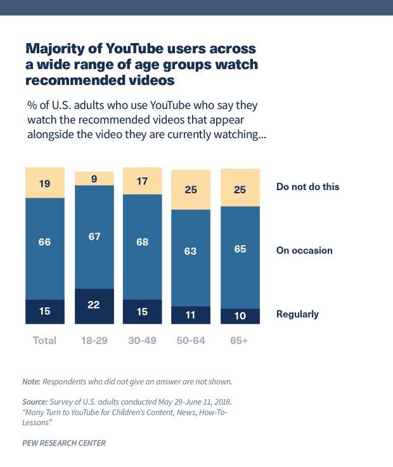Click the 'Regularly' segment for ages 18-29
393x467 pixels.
94,306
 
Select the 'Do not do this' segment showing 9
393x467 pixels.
94,178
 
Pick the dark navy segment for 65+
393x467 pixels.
241,316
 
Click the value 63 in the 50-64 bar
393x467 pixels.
191,251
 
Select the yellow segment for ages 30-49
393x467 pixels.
143,181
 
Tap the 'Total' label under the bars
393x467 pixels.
44,340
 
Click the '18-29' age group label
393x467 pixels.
94,340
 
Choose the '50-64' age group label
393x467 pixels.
191,340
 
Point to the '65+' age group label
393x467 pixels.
241,340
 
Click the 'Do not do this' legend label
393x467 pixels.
307,187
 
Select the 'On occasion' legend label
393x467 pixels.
304,250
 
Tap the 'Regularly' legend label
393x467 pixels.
297,314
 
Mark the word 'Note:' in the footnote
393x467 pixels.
31,381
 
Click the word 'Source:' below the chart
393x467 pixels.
34,402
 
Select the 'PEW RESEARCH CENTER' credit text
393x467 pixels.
64,443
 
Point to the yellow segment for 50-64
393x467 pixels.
191,189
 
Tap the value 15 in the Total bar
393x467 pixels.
45,311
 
